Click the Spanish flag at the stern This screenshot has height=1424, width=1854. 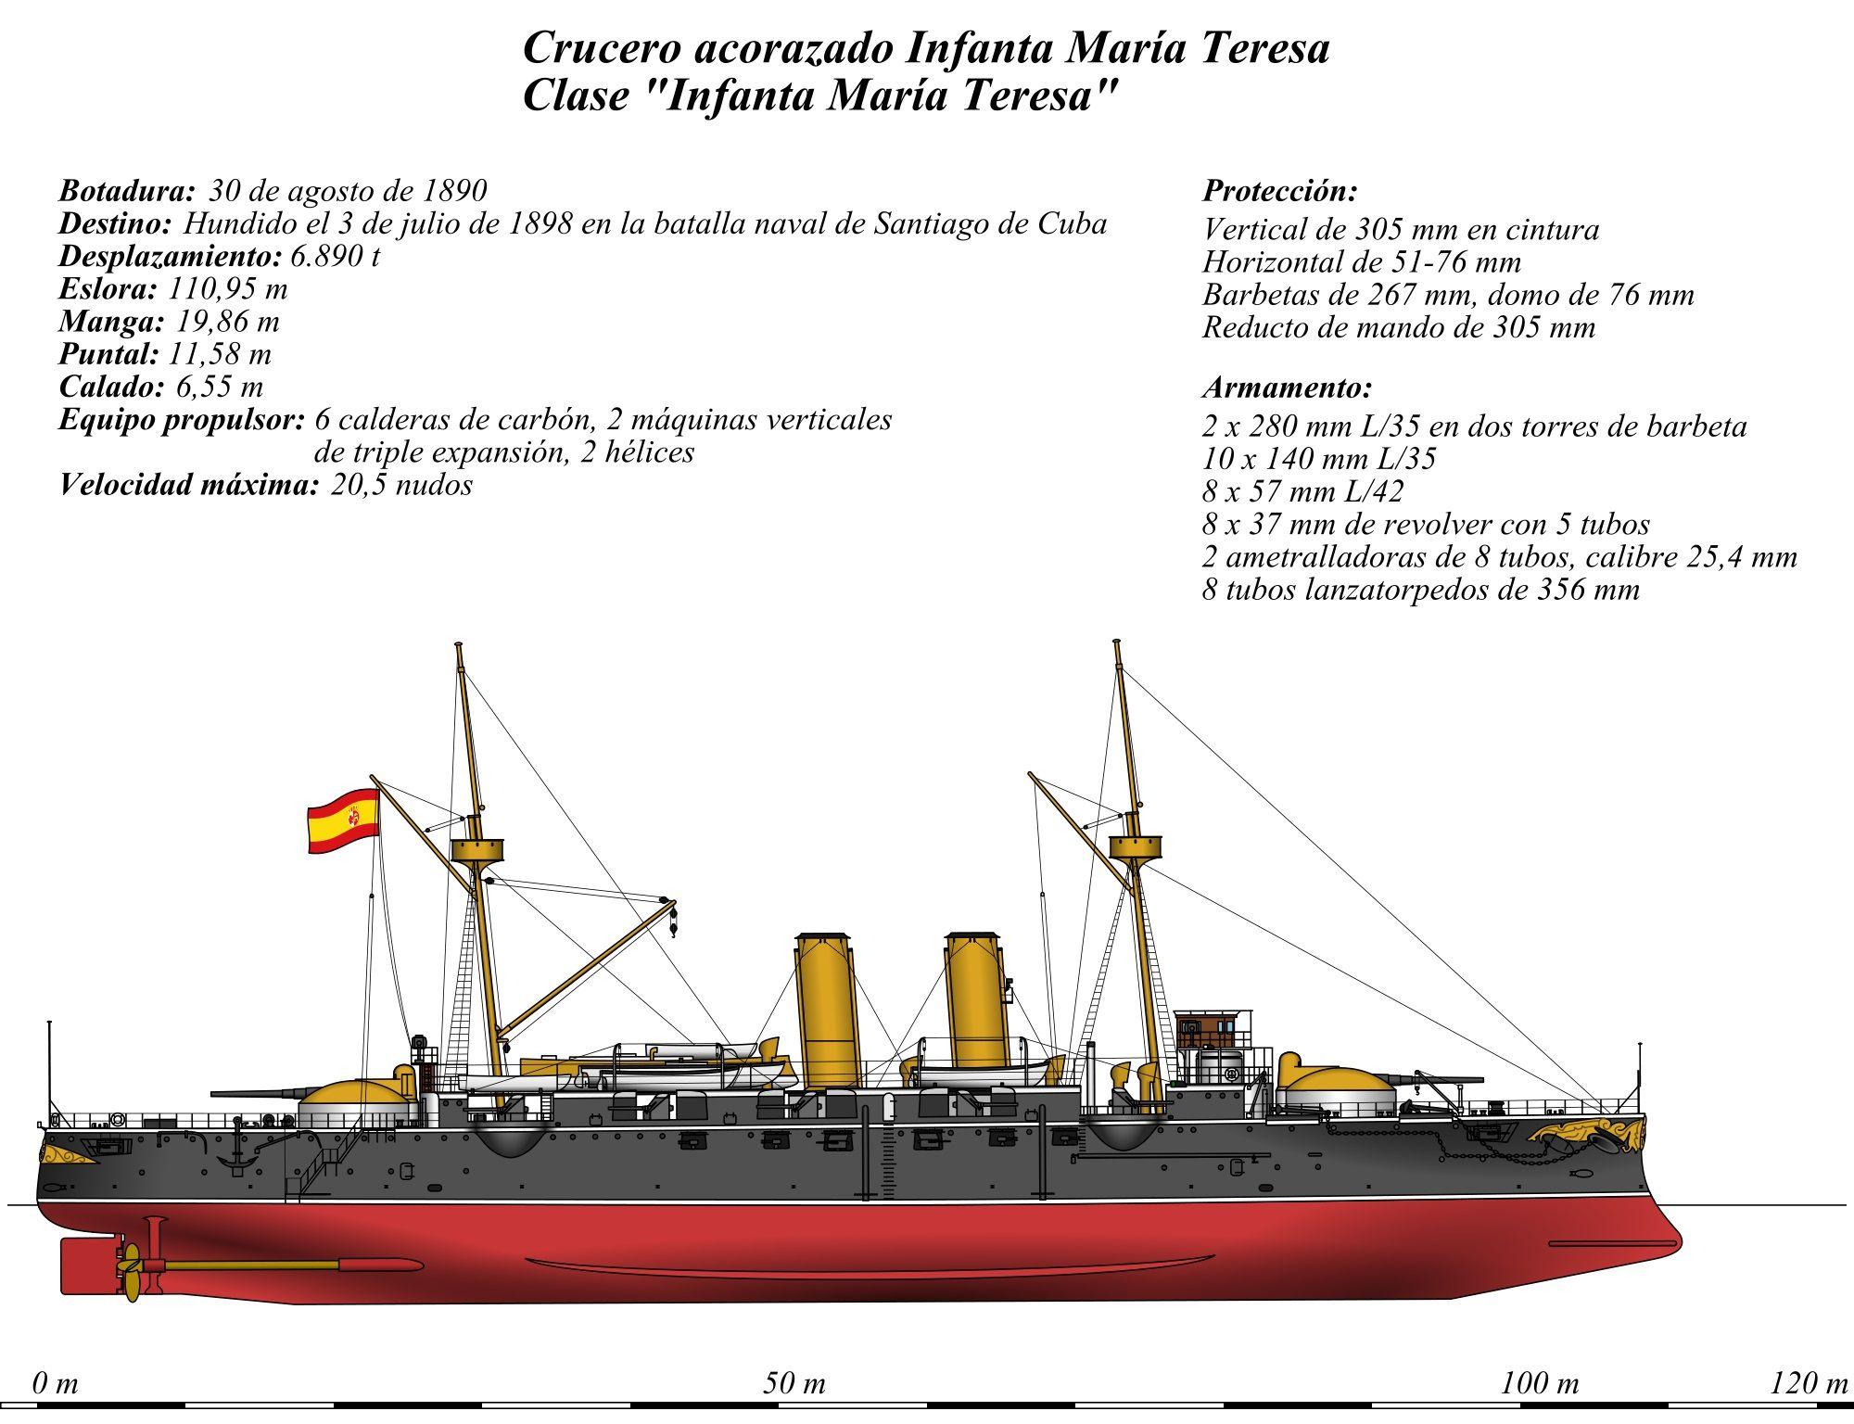343,820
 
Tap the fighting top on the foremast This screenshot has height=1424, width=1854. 1136,845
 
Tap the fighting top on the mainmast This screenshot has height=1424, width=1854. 476,850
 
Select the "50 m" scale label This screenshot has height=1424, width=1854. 794,1384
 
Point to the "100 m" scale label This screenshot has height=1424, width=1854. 1540,1384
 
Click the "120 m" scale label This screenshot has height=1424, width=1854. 1809,1384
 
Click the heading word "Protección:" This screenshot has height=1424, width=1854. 1280,191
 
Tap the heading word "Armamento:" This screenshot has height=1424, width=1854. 1287,387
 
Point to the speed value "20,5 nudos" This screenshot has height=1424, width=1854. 401,484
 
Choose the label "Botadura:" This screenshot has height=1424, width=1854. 127,190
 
